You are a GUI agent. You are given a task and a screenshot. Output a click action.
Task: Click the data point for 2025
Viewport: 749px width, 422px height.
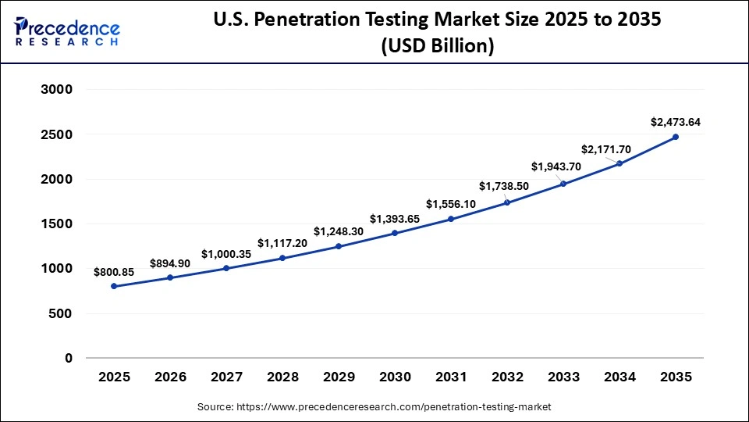114,286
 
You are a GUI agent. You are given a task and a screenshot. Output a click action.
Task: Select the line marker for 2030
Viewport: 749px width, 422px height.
395,233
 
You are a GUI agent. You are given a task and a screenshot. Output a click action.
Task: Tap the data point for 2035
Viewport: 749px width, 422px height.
676,137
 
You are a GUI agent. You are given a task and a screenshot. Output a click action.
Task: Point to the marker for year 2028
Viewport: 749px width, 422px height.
282,258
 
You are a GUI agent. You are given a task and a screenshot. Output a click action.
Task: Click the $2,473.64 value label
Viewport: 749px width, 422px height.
676,122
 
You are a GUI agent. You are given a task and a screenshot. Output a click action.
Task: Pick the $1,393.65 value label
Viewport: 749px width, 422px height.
395,219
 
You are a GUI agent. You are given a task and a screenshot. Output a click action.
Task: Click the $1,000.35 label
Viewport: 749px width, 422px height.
226,254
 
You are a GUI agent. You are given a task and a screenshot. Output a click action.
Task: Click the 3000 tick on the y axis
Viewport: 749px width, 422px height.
56,89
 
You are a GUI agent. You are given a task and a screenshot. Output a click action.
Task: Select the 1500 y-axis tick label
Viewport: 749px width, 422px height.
56,224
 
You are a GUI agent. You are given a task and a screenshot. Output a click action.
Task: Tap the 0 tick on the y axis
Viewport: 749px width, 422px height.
68,358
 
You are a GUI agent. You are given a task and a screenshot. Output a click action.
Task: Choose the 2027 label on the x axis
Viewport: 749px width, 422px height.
226,377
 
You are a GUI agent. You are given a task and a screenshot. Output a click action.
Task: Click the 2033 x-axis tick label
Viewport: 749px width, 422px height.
563,377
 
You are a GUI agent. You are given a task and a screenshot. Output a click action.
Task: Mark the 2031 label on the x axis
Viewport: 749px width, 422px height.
451,377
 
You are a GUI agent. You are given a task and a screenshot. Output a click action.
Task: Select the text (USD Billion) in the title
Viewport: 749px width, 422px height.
437,47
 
